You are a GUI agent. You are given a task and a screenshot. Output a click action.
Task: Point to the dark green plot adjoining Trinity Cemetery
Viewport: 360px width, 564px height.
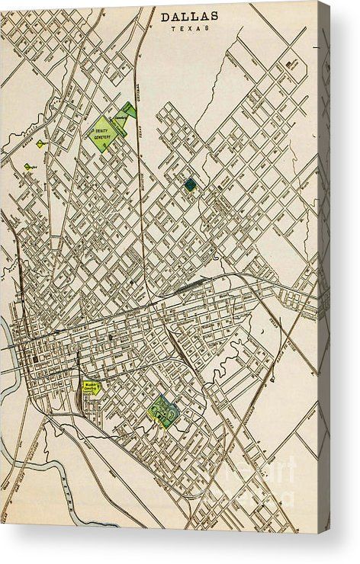[130, 110]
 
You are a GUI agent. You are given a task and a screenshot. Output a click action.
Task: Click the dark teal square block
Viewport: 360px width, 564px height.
[189, 184]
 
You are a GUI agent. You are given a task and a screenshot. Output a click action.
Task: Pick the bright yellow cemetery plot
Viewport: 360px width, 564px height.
[92, 387]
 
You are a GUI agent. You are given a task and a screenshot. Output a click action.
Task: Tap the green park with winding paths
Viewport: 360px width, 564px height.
[164, 411]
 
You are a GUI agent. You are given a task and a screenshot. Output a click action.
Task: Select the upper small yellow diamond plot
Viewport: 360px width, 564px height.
[40, 143]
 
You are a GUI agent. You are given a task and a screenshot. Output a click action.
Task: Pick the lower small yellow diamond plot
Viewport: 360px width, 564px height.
[28, 165]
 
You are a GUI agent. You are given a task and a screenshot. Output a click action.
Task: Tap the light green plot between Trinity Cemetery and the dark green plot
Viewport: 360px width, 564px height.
[119, 120]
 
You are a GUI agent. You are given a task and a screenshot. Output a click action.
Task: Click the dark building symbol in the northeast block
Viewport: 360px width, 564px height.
[291, 65]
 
